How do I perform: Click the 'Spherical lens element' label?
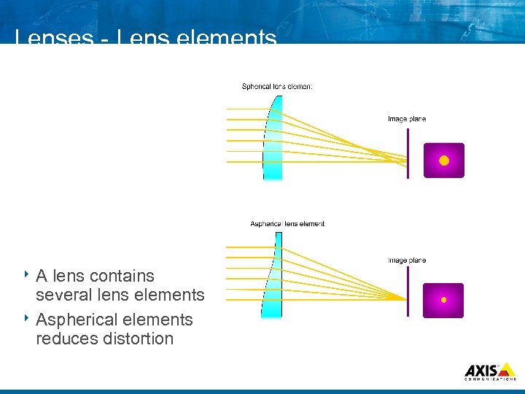[x=277, y=86]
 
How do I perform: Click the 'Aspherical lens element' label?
[x=287, y=223]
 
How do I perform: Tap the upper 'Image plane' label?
[x=406, y=119]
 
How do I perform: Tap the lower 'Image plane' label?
[x=406, y=260]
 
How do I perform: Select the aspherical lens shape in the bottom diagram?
[x=271, y=280]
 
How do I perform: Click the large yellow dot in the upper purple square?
[x=444, y=161]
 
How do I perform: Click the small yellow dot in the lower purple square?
[x=443, y=300]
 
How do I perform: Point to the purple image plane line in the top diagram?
[x=408, y=152]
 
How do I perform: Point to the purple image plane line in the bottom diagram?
[x=408, y=290]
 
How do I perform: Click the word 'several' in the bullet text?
[x=61, y=295]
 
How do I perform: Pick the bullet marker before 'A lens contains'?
[x=25, y=274]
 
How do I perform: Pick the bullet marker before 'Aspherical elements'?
[x=25, y=318]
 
